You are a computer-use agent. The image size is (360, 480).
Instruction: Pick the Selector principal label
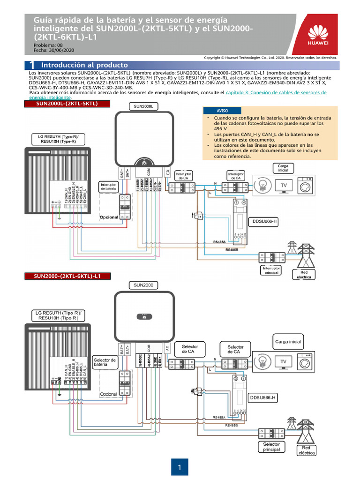click(x=271, y=447)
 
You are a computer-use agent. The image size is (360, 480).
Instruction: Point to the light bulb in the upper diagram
click(x=262, y=183)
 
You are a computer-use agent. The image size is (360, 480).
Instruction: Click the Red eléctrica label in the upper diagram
click(x=302, y=274)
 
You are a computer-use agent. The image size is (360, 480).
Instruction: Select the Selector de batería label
click(x=105, y=362)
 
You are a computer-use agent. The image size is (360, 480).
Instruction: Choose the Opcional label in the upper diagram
click(x=109, y=217)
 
